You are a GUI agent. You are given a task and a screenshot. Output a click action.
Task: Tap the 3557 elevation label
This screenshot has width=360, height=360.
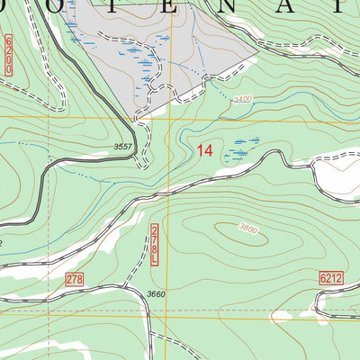pyautogui.click(x=129, y=147)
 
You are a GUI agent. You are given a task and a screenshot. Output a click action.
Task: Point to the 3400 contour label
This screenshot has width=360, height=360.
pyautogui.click(x=242, y=100)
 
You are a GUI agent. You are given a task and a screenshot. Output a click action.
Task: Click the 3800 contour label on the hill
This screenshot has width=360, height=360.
pyautogui.click(x=249, y=230)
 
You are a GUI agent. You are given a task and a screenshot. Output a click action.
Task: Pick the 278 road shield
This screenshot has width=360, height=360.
pyautogui.click(x=75, y=280)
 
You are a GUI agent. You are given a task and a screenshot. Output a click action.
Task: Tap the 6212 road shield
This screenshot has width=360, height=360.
pyautogui.click(x=331, y=280)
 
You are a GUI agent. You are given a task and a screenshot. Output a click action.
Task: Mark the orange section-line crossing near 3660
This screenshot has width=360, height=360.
pyautogui.click(x=168, y=316)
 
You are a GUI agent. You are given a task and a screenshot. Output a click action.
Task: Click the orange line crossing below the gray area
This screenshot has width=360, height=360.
pyautogui.click(x=168, y=117)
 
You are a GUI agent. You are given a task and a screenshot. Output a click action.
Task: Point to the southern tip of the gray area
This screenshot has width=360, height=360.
pyautogui.click(x=137, y=119)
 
